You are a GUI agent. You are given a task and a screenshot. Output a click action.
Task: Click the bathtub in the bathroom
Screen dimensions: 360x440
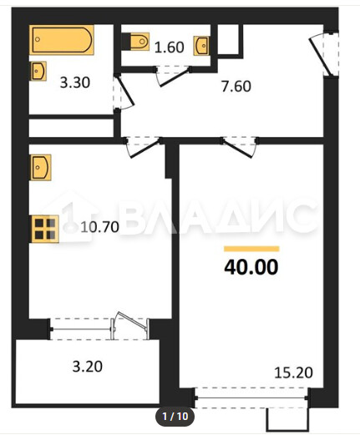(x=62, y=39)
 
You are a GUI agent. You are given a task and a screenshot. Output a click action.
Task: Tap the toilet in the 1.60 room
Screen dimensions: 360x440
(x=135, y=42)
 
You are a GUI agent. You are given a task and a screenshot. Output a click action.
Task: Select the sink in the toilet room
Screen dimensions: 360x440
(x=201, y=45)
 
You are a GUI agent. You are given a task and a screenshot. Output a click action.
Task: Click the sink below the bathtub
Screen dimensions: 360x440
(x=38, y=71)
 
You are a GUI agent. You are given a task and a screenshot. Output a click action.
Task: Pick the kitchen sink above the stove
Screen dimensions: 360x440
(x=40, y=167)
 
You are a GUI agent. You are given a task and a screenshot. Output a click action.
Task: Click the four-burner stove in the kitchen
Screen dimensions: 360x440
(x=45, y=229)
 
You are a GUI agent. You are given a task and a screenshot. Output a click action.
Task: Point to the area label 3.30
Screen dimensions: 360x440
(x=75, y=83)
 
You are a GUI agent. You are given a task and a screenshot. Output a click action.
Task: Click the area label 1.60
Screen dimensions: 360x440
(x=170, y=47)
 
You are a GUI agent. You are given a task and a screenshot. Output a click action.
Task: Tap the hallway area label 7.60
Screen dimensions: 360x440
(x=236, y=87)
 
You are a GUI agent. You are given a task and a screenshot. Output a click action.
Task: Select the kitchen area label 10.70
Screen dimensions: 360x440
(x=99, y=227)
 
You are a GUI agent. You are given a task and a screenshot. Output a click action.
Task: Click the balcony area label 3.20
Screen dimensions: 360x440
(x=88, y=367)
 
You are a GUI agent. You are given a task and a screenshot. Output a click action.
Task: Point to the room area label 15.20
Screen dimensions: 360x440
(x=293, y=373)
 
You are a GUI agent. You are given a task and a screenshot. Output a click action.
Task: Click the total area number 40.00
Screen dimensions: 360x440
(x=251, y=267)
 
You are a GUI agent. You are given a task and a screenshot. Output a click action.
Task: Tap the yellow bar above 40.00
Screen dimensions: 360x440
(x=251, y=249)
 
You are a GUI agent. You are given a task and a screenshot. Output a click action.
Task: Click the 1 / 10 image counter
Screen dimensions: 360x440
(x=175, y=416)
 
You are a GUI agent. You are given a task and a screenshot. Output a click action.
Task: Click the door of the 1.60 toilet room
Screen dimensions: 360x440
(x=172, y=76)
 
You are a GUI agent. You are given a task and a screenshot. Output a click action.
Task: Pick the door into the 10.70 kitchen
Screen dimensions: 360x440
(x=143, y=148)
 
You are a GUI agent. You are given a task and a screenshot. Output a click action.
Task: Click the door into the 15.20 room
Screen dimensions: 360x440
(x=239, y=148)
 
